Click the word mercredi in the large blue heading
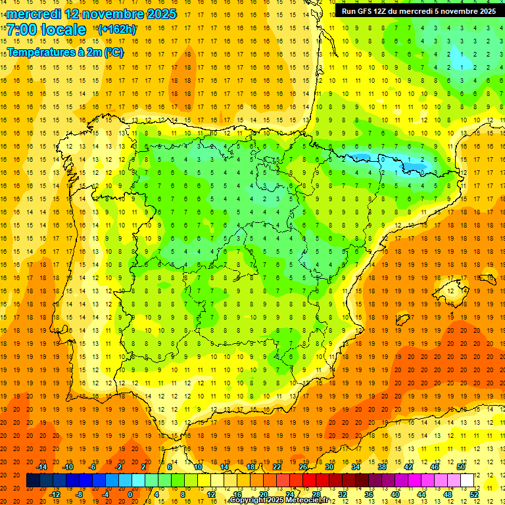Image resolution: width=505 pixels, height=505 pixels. coord(34,14)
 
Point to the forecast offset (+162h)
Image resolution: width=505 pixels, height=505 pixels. coord(116,30)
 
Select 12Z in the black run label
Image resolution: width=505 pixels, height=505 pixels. coord(381,11)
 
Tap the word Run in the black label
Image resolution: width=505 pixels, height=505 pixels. coord(349,11)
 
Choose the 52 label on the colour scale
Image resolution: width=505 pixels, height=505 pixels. coord(474,494)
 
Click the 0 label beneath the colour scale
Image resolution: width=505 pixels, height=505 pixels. coord(130,494)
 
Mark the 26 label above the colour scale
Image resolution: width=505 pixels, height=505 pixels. coord(303,467)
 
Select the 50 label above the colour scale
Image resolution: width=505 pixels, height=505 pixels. coord(461,467)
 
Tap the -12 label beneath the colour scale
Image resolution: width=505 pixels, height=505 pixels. coord(55,494)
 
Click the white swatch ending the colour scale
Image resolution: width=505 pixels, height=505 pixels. coord(468,481)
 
